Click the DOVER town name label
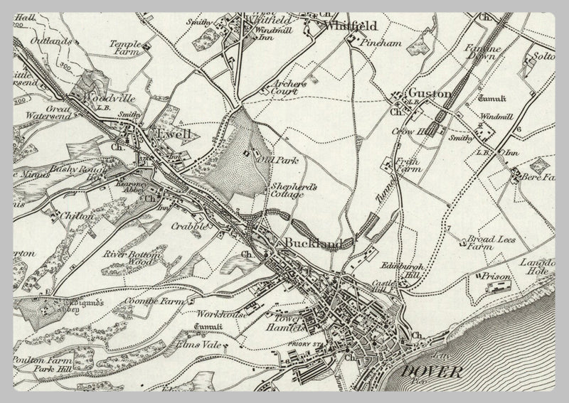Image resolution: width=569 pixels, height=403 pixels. click(431, 372)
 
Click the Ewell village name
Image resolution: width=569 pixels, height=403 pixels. click(175, 132)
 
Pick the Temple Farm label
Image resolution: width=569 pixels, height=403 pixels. click(126, 48)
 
